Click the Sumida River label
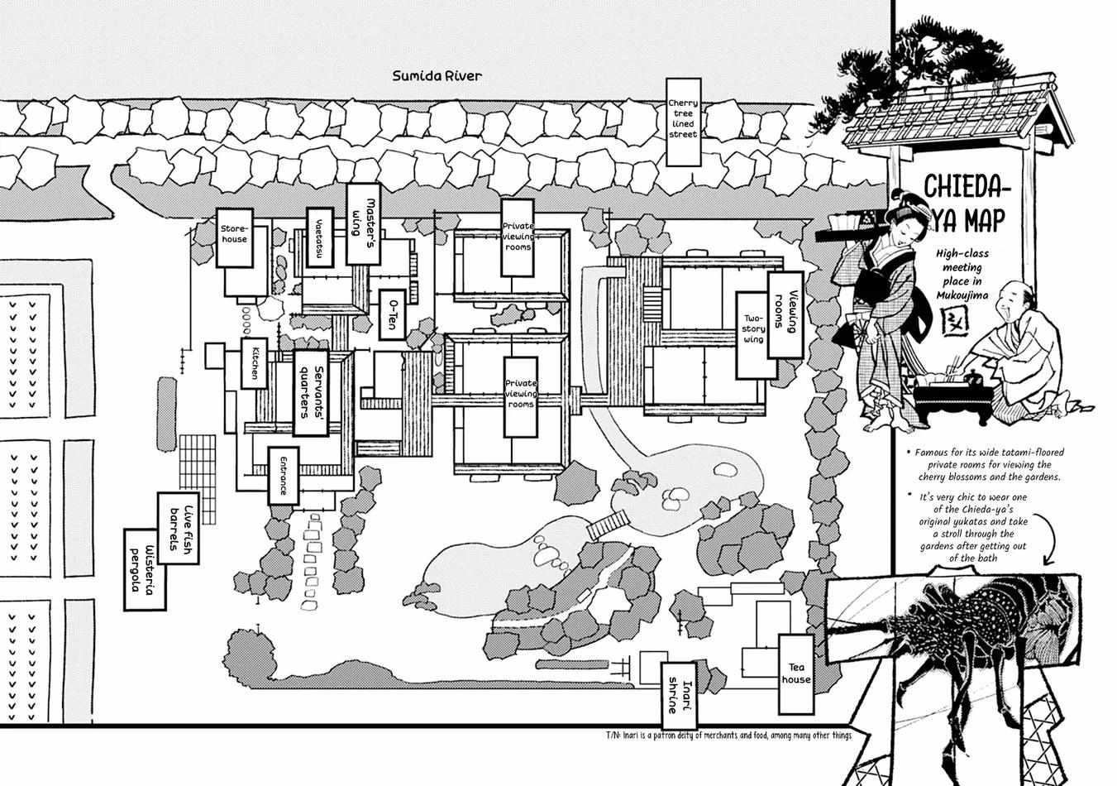(437, 76)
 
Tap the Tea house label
(796, 673)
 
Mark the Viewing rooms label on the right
(785, 314)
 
